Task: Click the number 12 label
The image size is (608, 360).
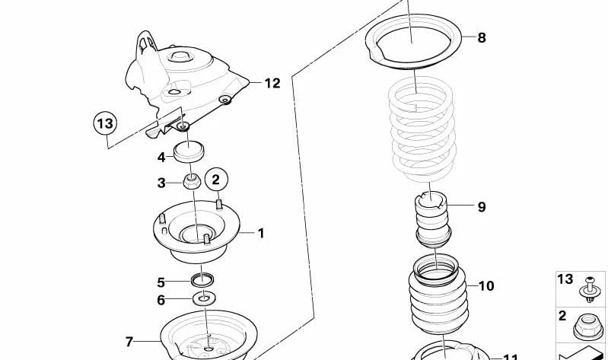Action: click(272, 83)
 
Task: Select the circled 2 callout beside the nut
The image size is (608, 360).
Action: click(215, 180)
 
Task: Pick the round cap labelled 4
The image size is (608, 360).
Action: click(191, 152)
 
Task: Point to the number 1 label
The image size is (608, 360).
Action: click(260, 233)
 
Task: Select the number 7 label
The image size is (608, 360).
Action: click(129, 342)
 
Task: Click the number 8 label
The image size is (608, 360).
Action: click(481, 37)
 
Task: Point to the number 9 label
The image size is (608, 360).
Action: click(481, 206)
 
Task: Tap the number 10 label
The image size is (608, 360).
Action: click(485, 286)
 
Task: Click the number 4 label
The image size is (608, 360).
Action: click(161, 158)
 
